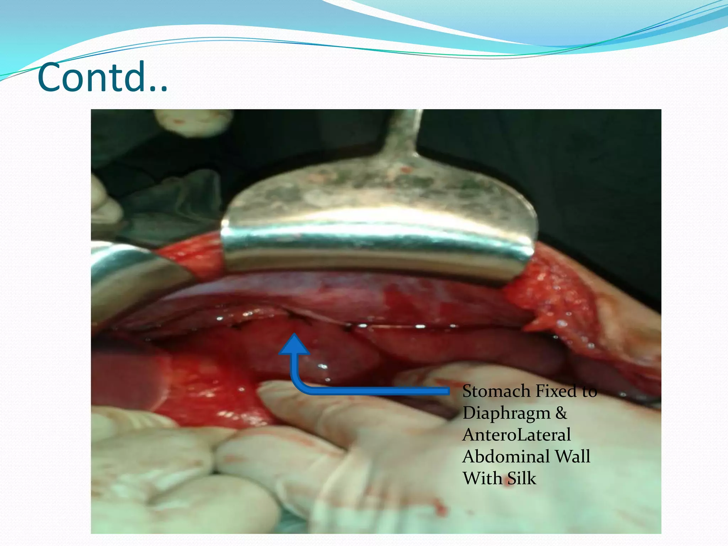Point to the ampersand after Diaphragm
(561, 413)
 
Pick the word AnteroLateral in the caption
(516, 435)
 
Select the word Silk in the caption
(521, 478)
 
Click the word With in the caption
(482, 478)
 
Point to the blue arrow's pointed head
(294, 344)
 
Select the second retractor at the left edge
(132, 274)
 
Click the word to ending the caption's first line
(589, 391)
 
